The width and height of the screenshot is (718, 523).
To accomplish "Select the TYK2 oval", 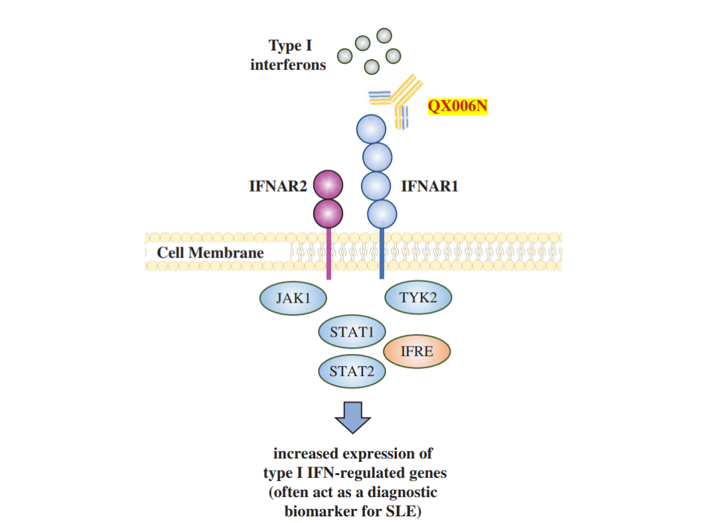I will [x=418, y=297].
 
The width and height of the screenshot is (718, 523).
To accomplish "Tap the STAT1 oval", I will [x=352, y=331].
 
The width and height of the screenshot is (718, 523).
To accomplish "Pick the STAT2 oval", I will [x=352, y=371].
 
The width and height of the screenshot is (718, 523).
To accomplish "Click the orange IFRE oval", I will [x=417, y=351].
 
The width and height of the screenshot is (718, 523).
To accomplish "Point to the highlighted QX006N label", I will [x=457, y=106].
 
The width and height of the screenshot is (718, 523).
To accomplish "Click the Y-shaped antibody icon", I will [x=398, y=100].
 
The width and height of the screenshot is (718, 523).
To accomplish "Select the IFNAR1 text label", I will [x=429, y=186].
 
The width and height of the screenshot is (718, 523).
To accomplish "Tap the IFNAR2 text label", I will [x=278, y=186].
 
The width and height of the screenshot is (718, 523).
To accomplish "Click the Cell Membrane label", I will [x=210, y=253].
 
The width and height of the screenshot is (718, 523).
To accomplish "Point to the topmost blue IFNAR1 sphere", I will [x=371, y=129].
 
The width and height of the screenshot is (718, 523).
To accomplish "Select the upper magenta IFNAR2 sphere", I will [x=328, y=184].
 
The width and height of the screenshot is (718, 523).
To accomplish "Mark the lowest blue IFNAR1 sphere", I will [x=382, y=213].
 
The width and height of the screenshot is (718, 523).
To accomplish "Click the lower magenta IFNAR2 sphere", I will [x=328, y=213].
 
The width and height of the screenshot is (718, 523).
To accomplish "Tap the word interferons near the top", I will [x=288, y=65].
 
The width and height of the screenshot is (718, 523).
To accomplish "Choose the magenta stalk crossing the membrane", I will [x=328, y=253].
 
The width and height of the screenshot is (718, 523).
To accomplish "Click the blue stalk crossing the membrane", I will [x=382, y=253].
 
